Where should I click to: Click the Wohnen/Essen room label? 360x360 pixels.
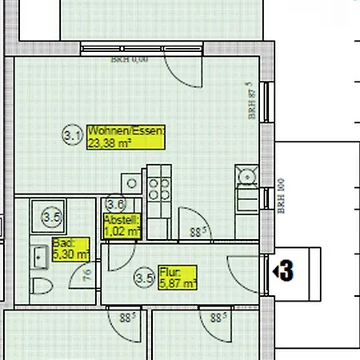pos(126,131)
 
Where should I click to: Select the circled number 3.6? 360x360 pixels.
pos(115,205)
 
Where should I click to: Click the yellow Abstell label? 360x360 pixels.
pos(122,219)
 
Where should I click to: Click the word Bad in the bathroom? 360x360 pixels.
pos(62,243)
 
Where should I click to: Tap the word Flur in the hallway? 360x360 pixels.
pos(169,272)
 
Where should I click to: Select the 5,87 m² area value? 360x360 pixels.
pos(178,283)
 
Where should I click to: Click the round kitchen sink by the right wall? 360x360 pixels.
pos(245,175)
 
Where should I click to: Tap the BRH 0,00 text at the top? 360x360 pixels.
pos(129,59)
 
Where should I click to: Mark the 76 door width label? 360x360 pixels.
pos(87,277)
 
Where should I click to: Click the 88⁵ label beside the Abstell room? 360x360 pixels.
pos(198,233)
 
